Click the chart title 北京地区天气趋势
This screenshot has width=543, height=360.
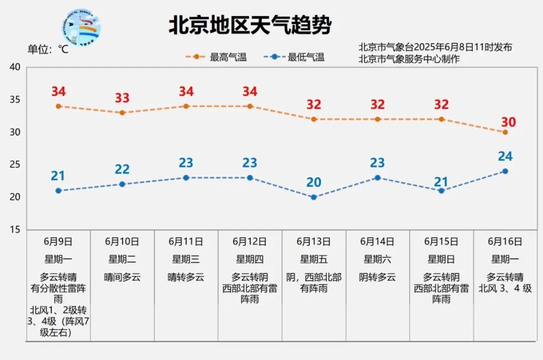tap(250, 26)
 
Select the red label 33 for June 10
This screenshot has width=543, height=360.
tap(122, 98)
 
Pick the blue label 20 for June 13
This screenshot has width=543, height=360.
tap(314, 182)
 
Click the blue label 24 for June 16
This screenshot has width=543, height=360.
tap(505, 156)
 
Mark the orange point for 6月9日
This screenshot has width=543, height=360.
tap(58, 106)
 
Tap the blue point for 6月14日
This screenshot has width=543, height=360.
tap(378, 177)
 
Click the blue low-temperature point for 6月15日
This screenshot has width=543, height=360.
tap(441, 191)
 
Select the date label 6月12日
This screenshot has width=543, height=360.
tap(250, 241)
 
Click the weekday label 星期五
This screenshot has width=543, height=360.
tap(314, 259)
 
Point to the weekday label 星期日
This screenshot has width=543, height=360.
tap(441, 259)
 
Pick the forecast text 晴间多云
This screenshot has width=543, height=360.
tap(122, 277)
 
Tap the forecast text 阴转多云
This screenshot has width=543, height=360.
tap(378, 277)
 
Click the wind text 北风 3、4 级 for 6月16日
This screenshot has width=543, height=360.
tap(505, 288)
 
